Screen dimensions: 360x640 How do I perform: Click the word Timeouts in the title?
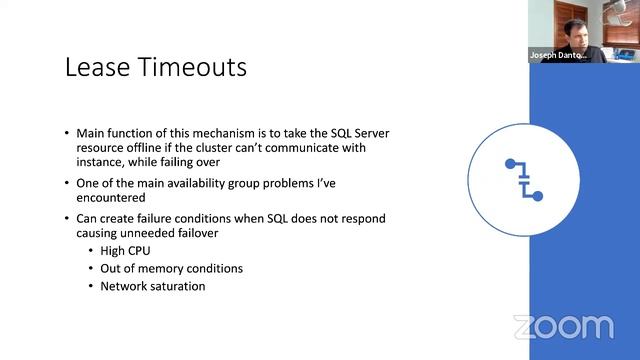coord(194,68)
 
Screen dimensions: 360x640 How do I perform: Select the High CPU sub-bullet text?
coord(125,251)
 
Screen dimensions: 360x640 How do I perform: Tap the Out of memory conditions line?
coord(171,268)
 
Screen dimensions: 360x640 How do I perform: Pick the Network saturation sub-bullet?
coord(152,286)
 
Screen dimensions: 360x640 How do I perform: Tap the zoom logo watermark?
coord(563,327)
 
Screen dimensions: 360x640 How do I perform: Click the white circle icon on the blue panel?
coord(523,179)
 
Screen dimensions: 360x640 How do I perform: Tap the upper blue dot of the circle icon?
coord(511,163)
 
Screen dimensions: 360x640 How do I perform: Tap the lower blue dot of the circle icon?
coord(537,196)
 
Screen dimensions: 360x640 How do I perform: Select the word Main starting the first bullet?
coord(93,132)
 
